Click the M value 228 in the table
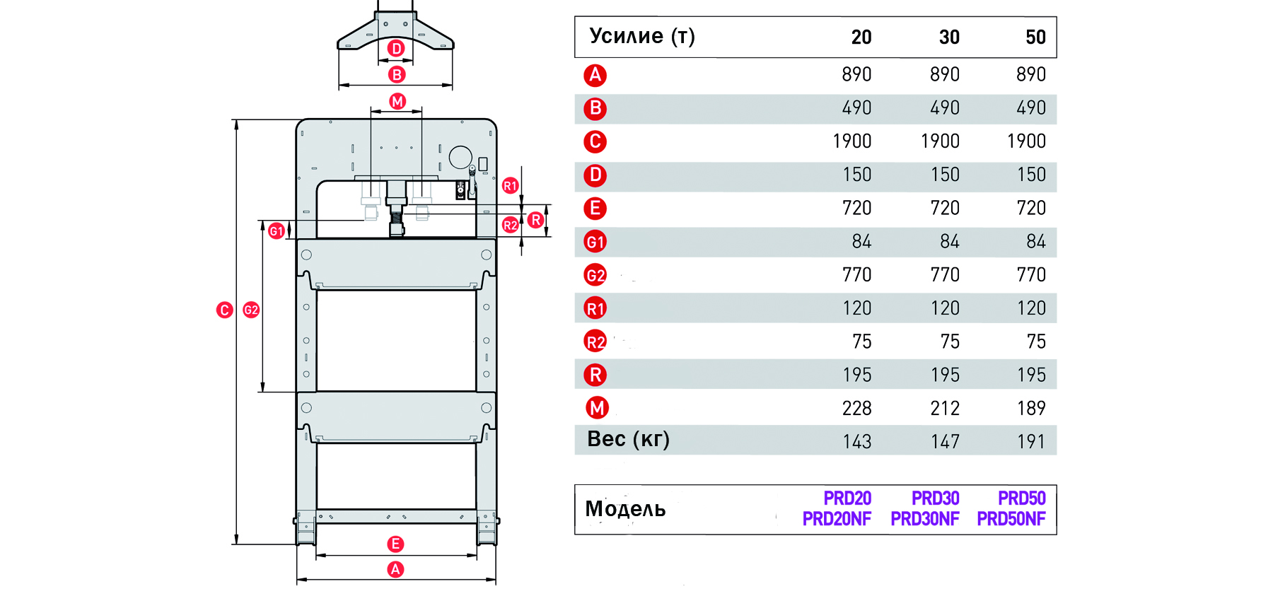tap(856, 408)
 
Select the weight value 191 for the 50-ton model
tap(1030, 441)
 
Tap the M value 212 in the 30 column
tap(944, 408)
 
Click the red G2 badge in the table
tap(595, 275)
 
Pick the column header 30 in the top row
tap(949, 37)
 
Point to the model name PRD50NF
tap(1011, 519)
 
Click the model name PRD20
tap(847, 498)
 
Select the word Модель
tap(625, 509)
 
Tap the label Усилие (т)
tap(642, 36)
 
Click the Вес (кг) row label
tap(628, 439)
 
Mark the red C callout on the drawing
tap(224, 310)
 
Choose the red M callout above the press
tap(397, 101)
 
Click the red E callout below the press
tap(395, 544)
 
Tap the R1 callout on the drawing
tap(510, 186)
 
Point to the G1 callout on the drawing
tap(277, 231)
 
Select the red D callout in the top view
tap(397, 48)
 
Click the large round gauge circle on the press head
tap(460, 157)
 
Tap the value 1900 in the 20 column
tap(851, 141)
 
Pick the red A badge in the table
tap(595, 75)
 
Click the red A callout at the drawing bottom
tap(395, 569)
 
